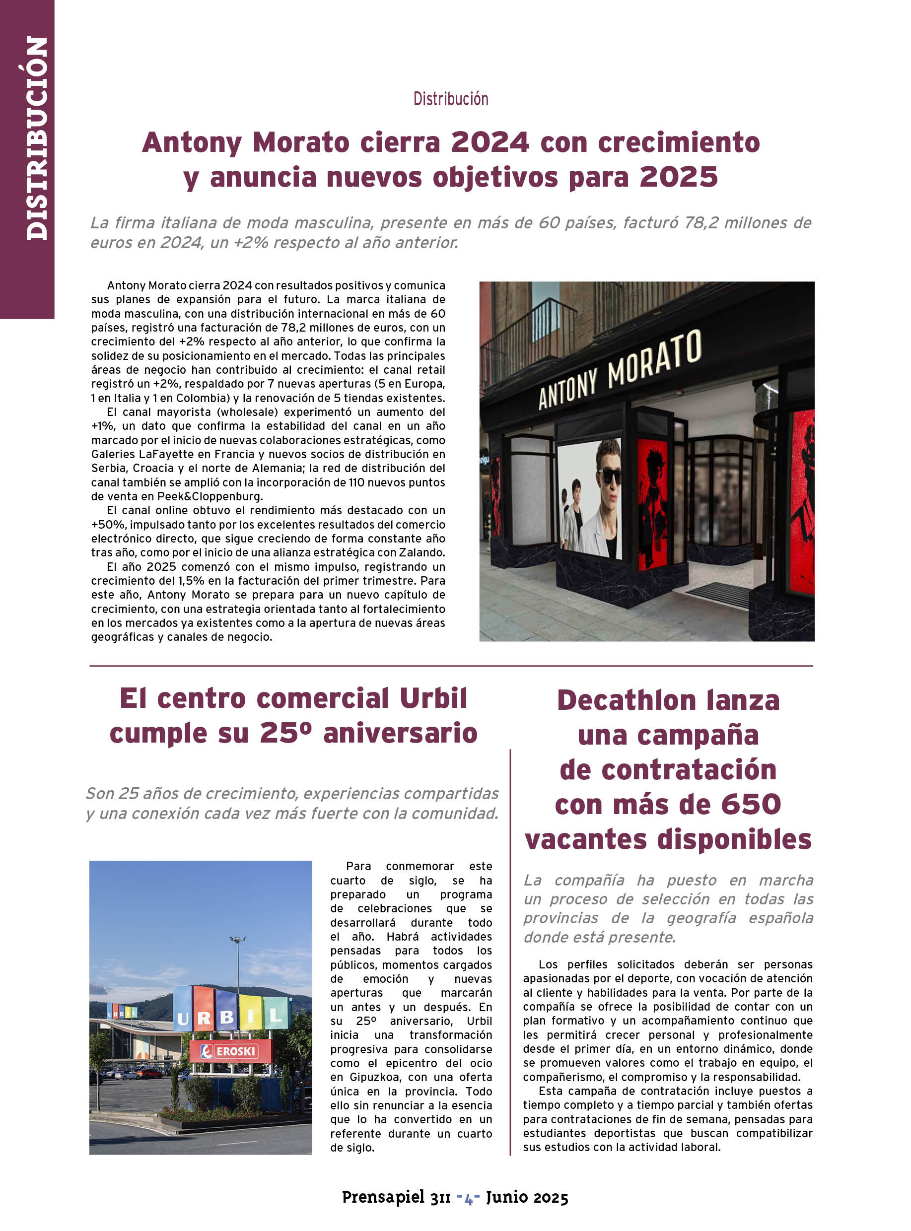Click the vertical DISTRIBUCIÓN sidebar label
tap(36, 138)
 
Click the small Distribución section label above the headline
tap(451, 99)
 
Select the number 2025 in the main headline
tap(678, 177)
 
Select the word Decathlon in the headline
tap(627, 700)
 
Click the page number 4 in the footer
tap(468, 1197)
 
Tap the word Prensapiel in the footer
tap(383, 1197)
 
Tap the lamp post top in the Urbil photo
tap(237, 939)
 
